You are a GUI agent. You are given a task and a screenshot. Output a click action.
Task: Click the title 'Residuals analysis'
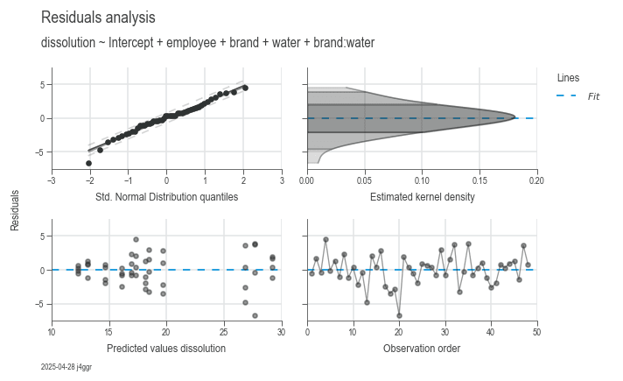pyautogui.click(x=98, y=18)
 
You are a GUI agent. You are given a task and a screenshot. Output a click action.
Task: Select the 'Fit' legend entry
pyautogui.click(x=593, y=95)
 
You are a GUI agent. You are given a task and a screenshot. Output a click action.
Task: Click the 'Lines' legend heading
pyautogui.click(x=568, y=78)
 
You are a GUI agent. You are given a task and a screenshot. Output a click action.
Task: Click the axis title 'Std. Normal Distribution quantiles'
pyautogui.click(x=166, y=197)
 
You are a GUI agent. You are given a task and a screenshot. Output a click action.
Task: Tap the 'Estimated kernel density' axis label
pyautogui.click(x=422, y=197)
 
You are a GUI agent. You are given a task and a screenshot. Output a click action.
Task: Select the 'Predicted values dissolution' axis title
pyautogui.click(x=166, y=349)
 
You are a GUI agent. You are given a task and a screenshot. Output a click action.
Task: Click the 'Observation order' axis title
pyautogui.click(x=422, y=349)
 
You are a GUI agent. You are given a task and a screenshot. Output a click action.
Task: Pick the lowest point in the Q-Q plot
pyautogui.click(x=88, y=163)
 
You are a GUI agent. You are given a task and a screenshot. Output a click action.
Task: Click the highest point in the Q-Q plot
pyautogui.click(x=245, y=88)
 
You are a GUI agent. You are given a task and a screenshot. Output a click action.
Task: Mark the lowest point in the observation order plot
pyautogui.click(x=399, y=315)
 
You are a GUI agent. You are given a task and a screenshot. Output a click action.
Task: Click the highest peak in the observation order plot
pyautogui.click(x=325, y=239)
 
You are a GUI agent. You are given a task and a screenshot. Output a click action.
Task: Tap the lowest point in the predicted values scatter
pyautogui.click(x=255, y=315)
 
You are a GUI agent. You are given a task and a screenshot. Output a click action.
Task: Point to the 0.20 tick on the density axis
pyautogui.click(x=536, y=181)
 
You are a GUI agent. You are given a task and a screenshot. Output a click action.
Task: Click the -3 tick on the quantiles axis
pyautogui.click(x=52, y=181)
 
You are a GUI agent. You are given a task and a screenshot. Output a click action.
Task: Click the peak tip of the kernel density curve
pyautogui.click(x=515, y=117)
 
